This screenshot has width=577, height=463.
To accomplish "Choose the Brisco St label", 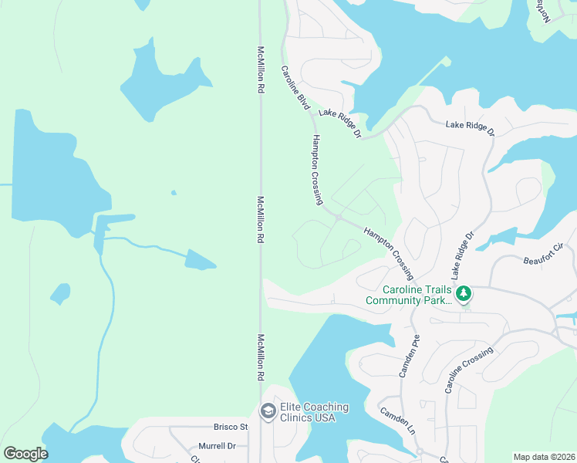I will [231, 427].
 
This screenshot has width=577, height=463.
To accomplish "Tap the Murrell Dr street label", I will [216, 446].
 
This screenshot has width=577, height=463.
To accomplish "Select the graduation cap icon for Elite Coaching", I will [268, 413].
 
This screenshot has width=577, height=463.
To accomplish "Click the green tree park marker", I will [464, 293].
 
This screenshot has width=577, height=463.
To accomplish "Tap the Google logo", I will [25, 454].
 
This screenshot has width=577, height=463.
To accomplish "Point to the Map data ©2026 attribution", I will [544, 457].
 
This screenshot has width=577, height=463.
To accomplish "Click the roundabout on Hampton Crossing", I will [338, 218].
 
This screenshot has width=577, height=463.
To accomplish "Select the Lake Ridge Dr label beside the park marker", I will [462, 255].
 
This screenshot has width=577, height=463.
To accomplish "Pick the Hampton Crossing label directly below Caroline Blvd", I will [317, 170].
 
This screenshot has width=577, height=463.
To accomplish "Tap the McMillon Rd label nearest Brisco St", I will [261, 359].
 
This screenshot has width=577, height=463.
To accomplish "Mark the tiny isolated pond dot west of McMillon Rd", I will [174, 192].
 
